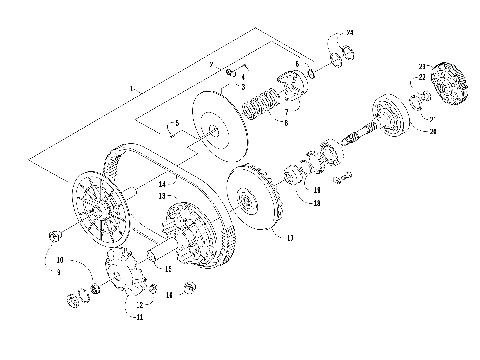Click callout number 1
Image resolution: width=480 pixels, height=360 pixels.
[131, 89]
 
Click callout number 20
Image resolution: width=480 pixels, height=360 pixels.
[432, 130]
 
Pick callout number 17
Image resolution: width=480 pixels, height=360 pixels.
[290, 238]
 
